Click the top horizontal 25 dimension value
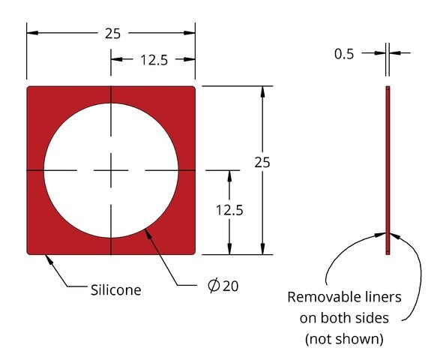(113, 34)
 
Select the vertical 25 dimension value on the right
(262, 163)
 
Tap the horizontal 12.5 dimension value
(154, 60)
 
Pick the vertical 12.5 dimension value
(229, 210)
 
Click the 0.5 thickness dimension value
(344, 54)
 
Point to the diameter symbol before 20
(214, 286)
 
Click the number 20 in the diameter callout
(230, 286)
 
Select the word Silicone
(115, 290)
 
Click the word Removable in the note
(319, 297)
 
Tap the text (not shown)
(344, 339)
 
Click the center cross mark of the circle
(111, 170)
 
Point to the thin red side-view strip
(388, 170)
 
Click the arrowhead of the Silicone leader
(48, 258)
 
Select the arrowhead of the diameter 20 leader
(147, 232)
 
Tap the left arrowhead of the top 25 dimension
(32, 33)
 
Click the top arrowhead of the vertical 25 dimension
(262, 91)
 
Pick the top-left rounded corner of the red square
(28, 87)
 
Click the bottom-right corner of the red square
(194, 253)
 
